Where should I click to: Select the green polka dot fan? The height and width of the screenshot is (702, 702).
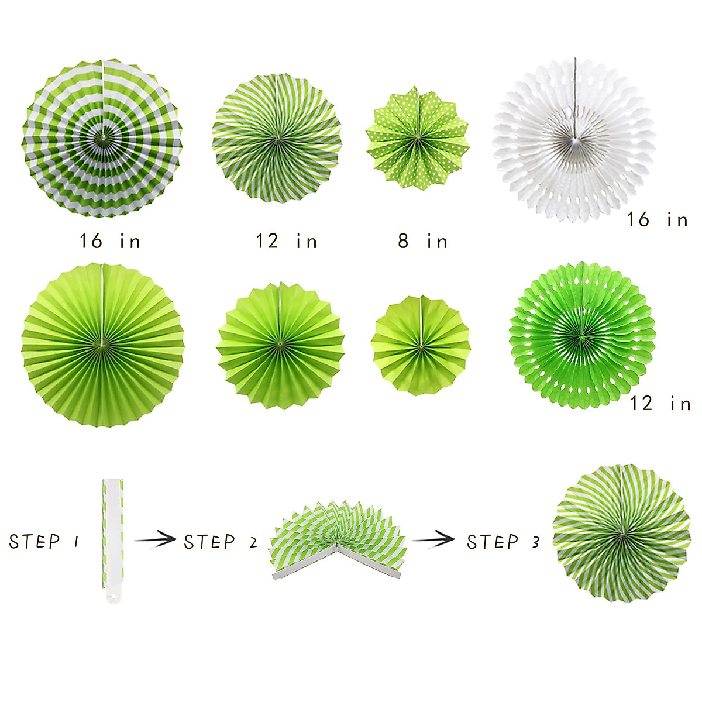tap(418, 138)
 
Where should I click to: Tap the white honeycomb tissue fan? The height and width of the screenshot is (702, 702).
tap(574, 140)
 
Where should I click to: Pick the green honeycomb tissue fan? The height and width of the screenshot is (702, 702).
tap(581, 335)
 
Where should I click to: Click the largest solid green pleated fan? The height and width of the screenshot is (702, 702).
tap(103, 345)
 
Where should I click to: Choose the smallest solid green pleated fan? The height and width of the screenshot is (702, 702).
tap(421, 345)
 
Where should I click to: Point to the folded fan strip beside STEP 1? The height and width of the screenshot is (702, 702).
tap(112, 541)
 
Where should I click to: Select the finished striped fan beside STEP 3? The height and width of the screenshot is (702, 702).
tap(621, 534)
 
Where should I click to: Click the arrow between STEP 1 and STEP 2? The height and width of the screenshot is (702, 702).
tap(155, 539)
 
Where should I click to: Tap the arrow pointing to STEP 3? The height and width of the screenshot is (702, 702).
tap(433, 539)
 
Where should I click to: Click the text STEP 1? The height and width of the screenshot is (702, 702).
tap(44, 541)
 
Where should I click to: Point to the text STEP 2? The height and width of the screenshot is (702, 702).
tap(221, 542)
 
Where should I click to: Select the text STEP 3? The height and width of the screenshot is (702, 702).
tap(503, 542)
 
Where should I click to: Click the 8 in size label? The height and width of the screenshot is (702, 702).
tap(422, 241)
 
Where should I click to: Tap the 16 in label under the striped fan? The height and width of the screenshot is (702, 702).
tap(110, 241)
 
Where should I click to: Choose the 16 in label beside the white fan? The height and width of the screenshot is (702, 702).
tap(657, 220)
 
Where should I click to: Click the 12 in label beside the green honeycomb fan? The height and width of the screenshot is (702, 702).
tap(660, 403)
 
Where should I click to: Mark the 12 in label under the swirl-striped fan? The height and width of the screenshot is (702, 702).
tap(286, 241)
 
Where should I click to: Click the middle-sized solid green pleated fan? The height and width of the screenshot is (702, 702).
tap(280, 345)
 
